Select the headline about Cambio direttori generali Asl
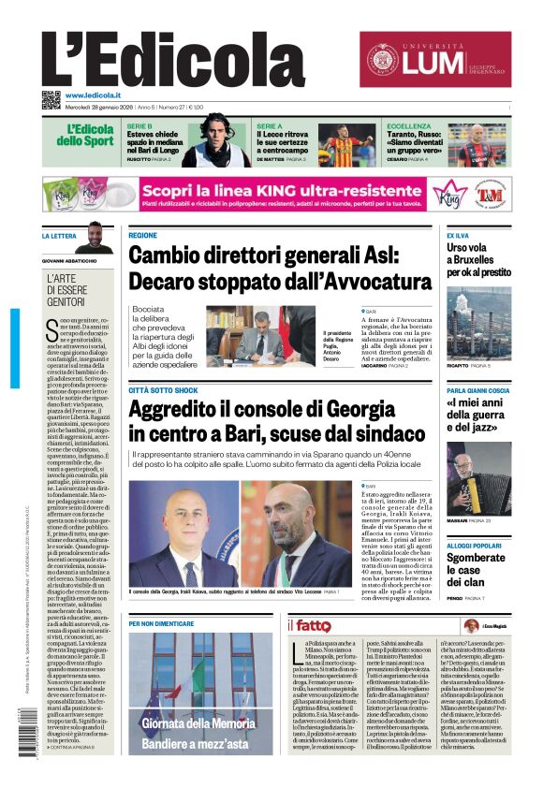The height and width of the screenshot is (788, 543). pos(280,269)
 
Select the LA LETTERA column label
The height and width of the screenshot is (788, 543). pos(59,236)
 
